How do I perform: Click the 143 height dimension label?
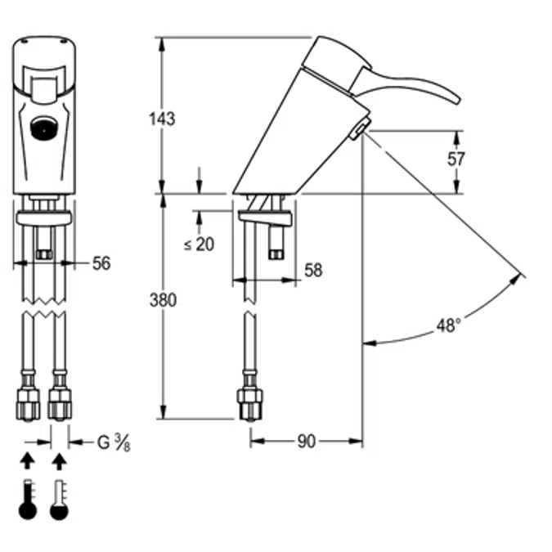[x=162, y=119]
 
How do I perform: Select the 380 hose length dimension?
[x=163, y=300]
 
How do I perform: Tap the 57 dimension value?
[x=456, y=159]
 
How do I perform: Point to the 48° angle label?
[x=448, y=325]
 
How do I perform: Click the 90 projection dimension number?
[x=307, y=442]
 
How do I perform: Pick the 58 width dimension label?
[x=313, y=270]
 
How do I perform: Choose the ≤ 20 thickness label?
[x=199, y=244]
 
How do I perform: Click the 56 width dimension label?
[x=101, y=263]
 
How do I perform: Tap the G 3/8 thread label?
[x=114, y=442]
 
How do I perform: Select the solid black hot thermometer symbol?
[x=28, y=499]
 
